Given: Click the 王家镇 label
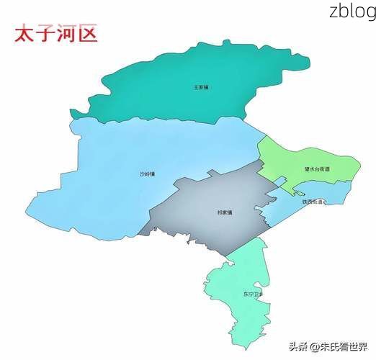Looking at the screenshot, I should (x=200, y=87).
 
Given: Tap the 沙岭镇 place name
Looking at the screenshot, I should (x=147, y=174).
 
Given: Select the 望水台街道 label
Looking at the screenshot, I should (x=316, y=169).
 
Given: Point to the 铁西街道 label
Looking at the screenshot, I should (x=314, y=202).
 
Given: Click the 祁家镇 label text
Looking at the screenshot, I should (x=225, y=213).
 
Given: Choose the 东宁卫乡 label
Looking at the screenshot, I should (x=253, y=294).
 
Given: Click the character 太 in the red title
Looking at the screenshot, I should (x=24, y=35).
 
